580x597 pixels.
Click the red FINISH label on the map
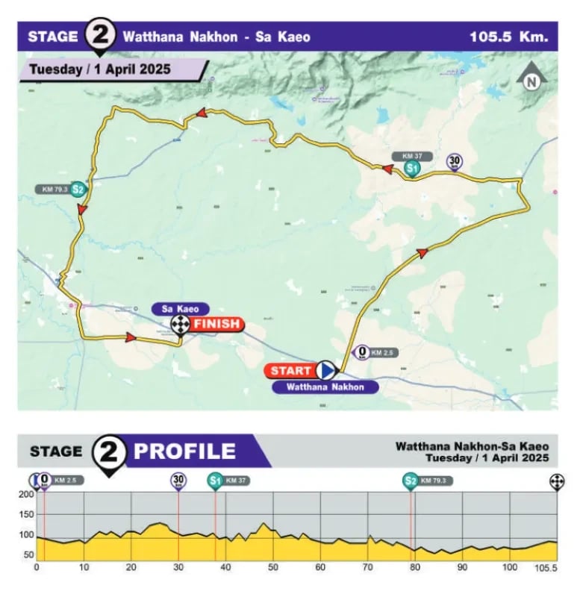point(217,324)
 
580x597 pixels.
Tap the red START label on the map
point(290,370)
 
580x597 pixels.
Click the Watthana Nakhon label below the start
point(324,387)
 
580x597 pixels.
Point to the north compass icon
point(531,81)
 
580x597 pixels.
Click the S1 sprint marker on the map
point(412,169)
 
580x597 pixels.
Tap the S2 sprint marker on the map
point(77,190)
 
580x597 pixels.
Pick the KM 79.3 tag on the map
point(51,190)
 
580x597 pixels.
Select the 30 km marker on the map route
point(454,160)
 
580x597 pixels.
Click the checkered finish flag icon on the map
point(180,324)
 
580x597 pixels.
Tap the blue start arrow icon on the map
point(325,369)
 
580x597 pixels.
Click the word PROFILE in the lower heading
point(184,451)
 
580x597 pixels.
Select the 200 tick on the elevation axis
point(27,495)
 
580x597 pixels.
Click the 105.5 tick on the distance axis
point(546,568)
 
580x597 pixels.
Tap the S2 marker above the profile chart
point(410,481)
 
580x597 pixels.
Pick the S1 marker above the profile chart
point(215,481)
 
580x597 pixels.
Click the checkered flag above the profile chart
point(556,481)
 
